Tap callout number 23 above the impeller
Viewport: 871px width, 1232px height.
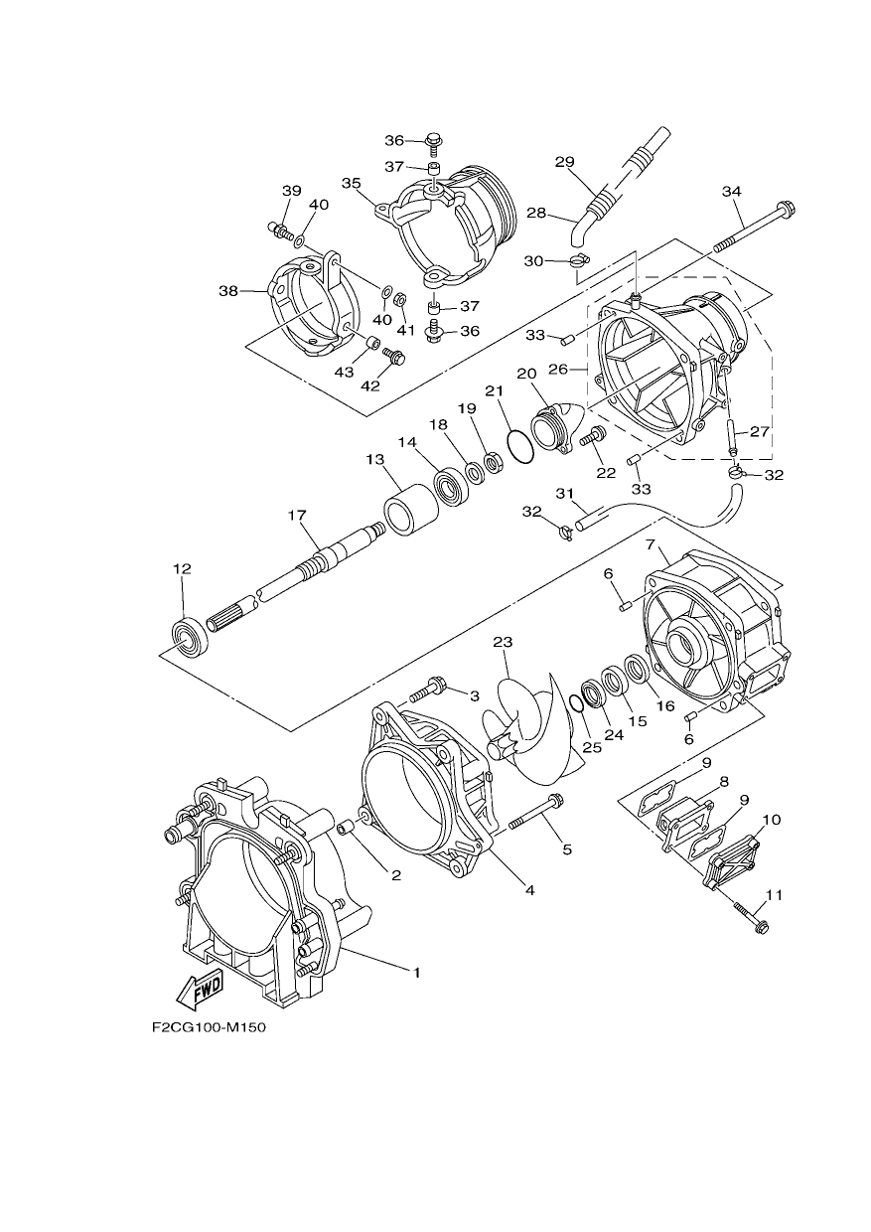503,642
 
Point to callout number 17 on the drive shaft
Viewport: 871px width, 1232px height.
297,516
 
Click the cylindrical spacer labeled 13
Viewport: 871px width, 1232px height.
411,511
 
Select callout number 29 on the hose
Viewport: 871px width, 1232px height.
564,162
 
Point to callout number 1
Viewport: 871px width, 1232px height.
417,973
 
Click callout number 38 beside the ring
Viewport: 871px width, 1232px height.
228,290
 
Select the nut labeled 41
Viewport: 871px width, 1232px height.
401,300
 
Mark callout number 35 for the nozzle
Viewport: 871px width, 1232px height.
351,183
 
